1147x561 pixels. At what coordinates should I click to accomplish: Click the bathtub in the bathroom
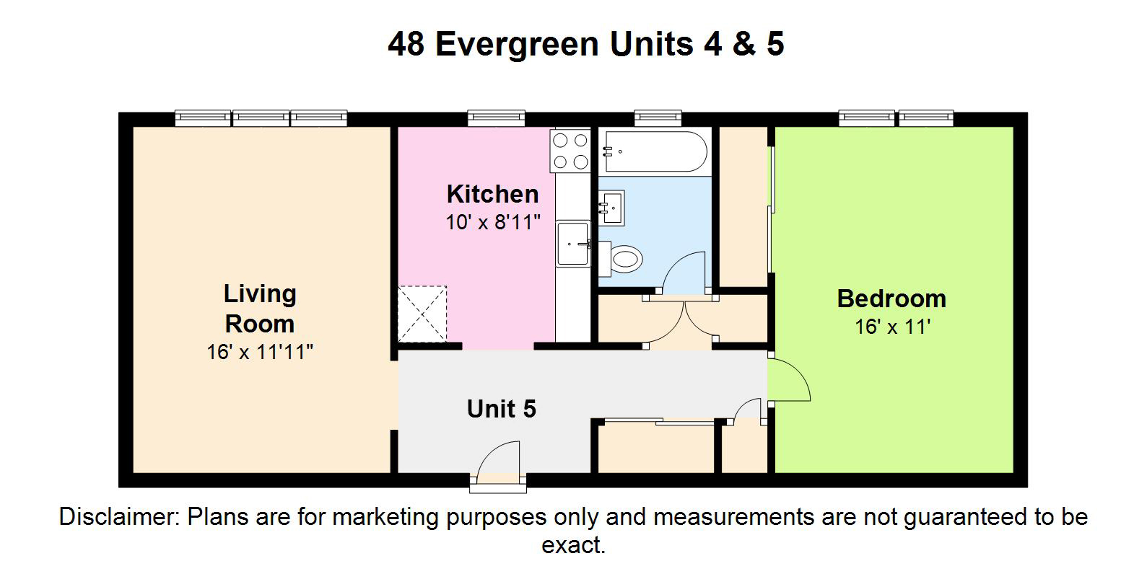point(655,151)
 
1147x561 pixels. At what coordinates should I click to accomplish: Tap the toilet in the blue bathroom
point(620,259)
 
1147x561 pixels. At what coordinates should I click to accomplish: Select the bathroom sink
point(611,208)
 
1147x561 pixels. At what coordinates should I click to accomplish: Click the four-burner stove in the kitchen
point(570,151)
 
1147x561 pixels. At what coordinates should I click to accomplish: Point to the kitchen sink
point(573,244)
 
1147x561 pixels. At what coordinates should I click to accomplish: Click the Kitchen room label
point(492,194)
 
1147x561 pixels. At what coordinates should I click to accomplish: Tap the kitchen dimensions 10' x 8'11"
point(492,223)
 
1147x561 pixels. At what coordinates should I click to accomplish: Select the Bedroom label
point(891,299)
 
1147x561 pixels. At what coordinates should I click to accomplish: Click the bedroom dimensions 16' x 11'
point(892,327)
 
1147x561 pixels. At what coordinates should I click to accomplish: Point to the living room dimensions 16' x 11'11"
point(260,353)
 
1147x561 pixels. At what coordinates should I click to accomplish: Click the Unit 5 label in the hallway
point(501,409)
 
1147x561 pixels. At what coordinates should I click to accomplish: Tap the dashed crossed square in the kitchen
point(422,314)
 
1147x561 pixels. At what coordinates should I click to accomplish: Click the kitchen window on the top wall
point(496,118)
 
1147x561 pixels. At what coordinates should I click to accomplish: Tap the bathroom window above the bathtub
point(658,118)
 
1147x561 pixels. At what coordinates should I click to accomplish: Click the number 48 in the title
point(406,43)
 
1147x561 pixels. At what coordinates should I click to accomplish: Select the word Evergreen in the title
point(517,45)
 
